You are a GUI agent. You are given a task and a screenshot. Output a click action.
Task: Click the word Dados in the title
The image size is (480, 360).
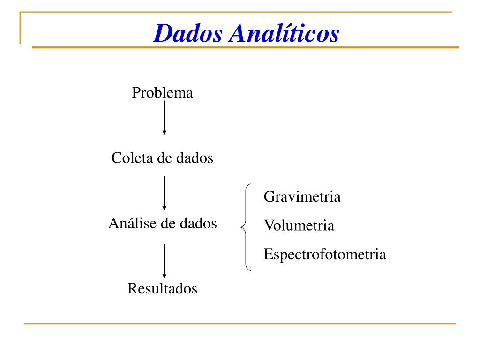click(188, 33)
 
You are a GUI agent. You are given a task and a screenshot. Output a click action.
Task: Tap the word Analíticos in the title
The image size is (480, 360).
click(284, 33)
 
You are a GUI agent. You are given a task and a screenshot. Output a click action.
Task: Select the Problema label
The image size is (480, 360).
click(162, 93)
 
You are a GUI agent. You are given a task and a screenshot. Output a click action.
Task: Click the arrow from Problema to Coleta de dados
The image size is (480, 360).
click(164, 117)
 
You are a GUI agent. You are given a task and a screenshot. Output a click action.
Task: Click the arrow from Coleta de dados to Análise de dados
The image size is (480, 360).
click(164, 192)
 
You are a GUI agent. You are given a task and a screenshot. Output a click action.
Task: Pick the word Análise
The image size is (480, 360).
click(131, 223)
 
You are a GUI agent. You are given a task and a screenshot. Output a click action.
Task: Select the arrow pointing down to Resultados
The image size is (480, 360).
click(164, 260)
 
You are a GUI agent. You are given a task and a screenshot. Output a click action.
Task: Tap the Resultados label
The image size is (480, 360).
click(162, 289)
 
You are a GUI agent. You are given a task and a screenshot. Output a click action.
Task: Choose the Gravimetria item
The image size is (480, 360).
click(302, 196)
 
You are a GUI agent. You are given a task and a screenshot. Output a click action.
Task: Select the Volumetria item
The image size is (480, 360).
click(299, 226)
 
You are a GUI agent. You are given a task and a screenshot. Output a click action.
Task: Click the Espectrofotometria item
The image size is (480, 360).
click(325, 255)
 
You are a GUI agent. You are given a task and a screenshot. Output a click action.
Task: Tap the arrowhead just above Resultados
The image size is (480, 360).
click(164, 276)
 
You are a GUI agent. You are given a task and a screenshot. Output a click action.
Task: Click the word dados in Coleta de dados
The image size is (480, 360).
click(195, 158)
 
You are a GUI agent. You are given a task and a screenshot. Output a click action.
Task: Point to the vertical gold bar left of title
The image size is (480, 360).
click(20, 28)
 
